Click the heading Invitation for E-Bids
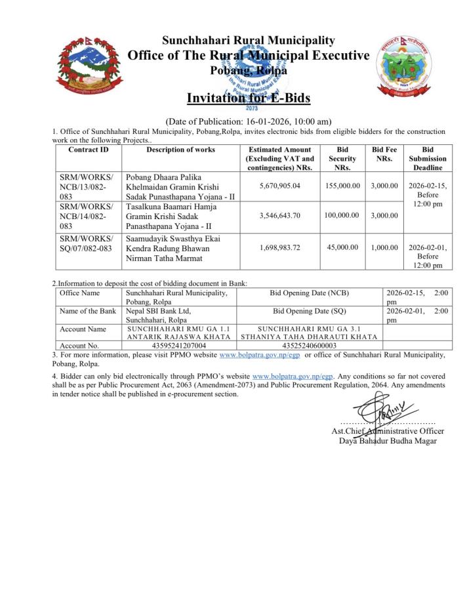click(x=249, y=98)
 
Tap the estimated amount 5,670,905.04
click(x=279, y=186)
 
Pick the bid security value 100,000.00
click(x=342, y=215)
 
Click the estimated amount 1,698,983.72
click(x=279, y=247)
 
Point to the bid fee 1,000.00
click(x=384, y=247)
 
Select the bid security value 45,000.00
click(x=342, y=247)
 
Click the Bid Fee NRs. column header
click(x=384, y=154)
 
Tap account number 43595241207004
click(x=178, y=345)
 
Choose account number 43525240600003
click(x=309, y=345)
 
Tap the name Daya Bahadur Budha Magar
click(x=388, y=440)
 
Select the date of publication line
click(x=248, y=121)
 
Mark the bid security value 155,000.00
click(x=342, y=186)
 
